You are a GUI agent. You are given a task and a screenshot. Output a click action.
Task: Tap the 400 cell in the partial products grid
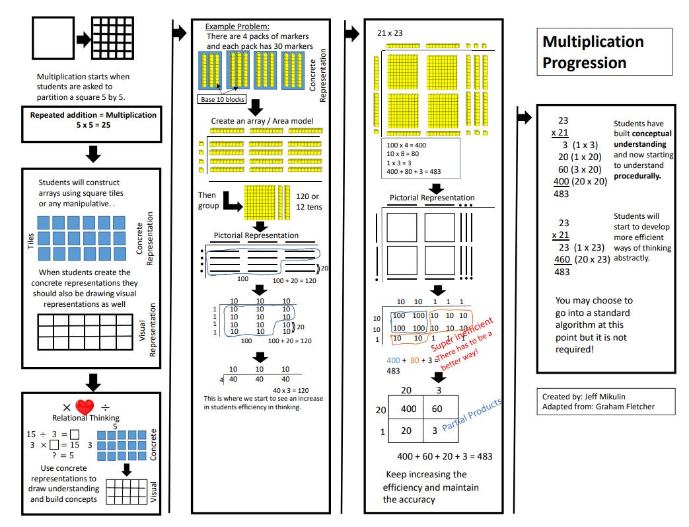[409, 409]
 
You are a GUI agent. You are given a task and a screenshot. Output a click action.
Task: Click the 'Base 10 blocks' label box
[222, 99]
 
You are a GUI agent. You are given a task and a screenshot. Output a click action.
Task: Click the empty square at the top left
[52, 38]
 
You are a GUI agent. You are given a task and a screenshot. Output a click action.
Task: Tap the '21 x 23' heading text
[390, 32]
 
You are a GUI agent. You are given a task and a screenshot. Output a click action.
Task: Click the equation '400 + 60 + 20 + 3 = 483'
[444, 456]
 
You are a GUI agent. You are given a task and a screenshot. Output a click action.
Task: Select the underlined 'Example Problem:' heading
[237, 26]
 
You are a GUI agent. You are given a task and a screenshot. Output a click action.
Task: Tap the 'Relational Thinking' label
[86, 418]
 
